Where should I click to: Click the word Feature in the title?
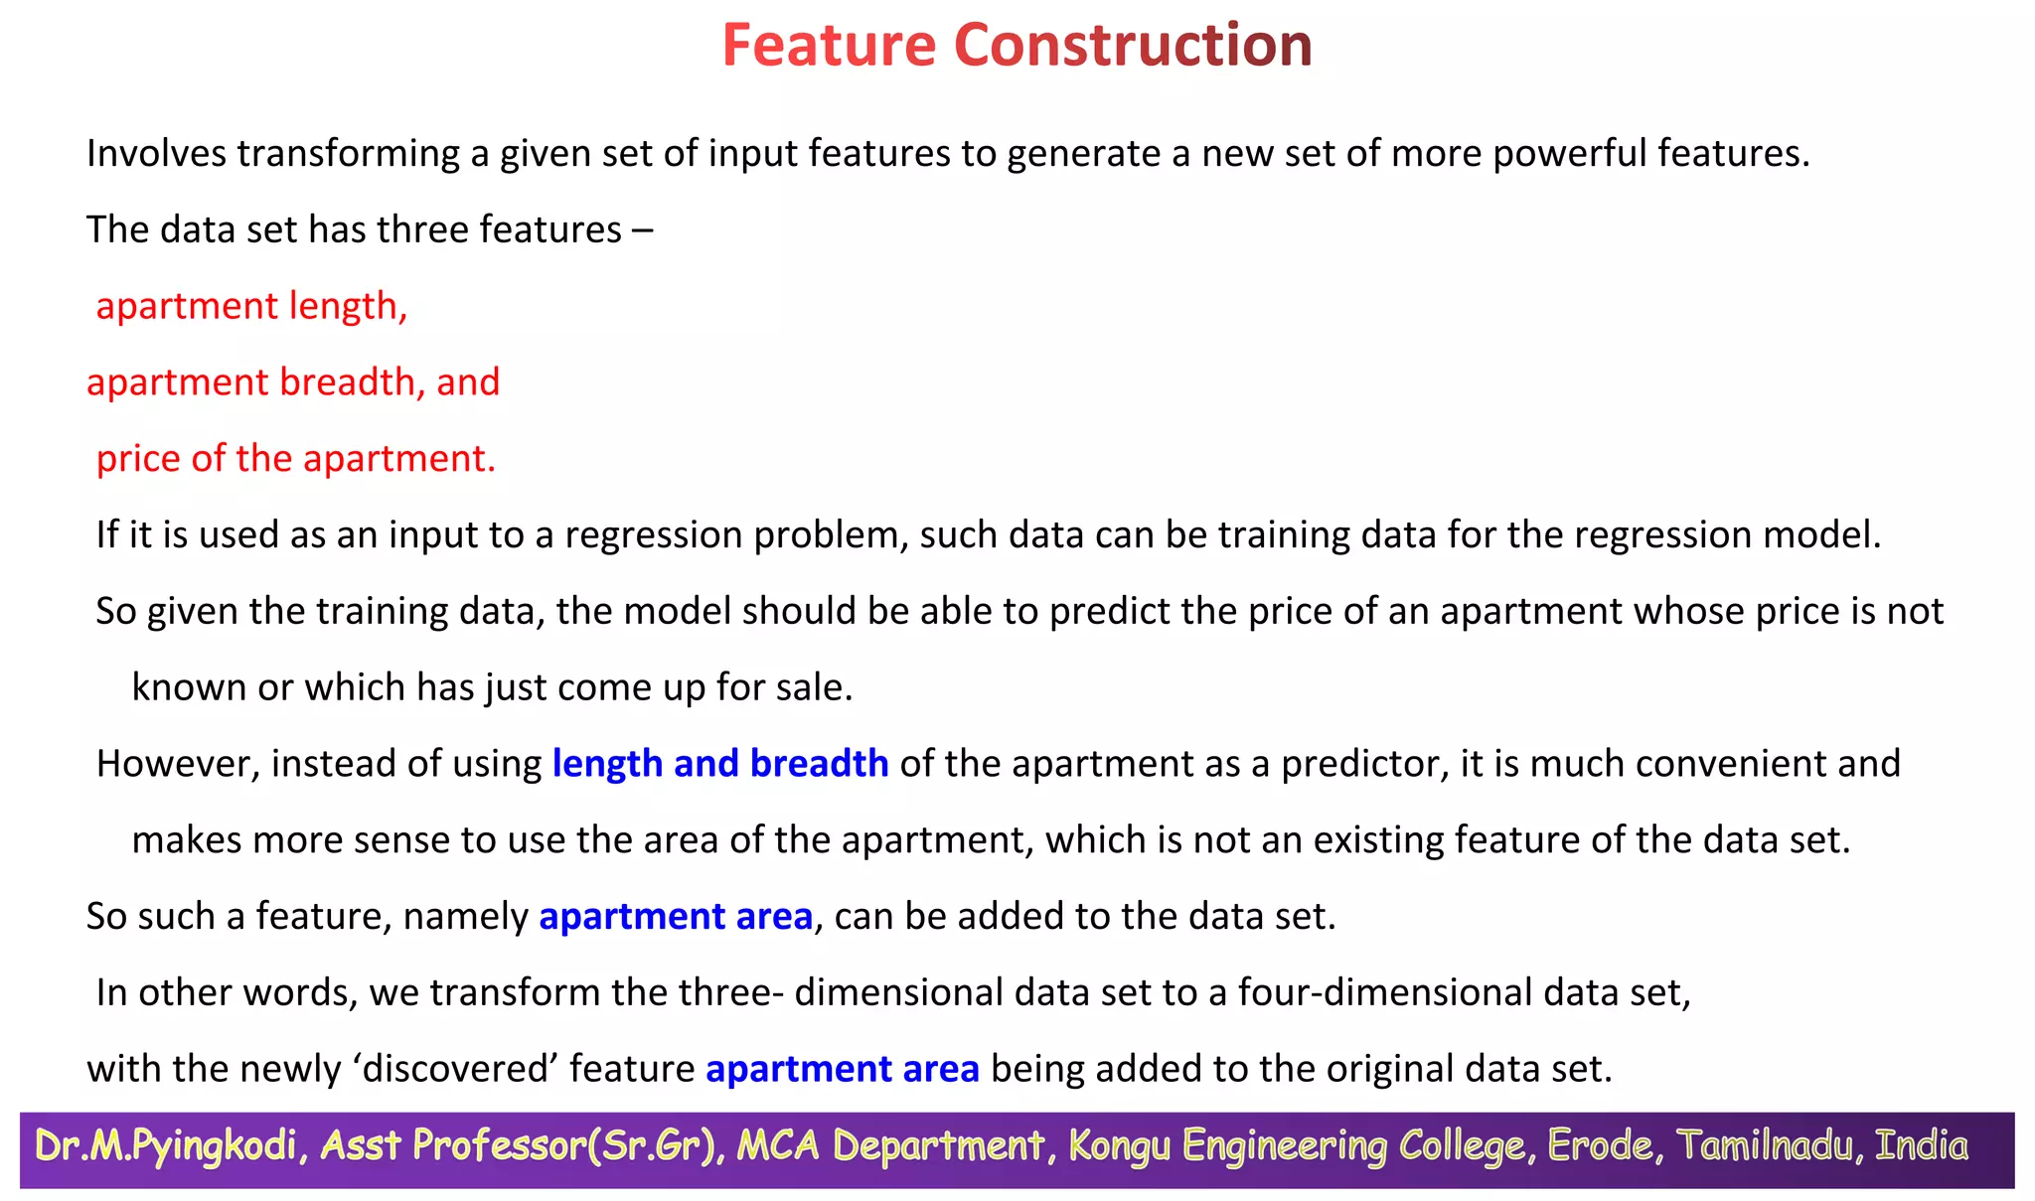click(829, 46)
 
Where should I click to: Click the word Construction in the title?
click(1133, 46)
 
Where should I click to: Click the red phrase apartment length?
click(250, 306)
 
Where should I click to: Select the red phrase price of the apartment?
click(295, 459)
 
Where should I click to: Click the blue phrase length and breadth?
click(720, 764)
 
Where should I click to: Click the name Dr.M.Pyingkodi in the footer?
click(166, 1146)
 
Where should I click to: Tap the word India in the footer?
click(1921, 1146)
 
